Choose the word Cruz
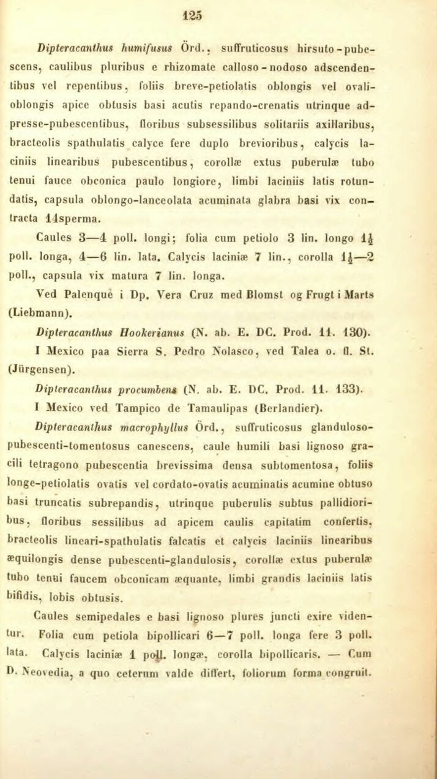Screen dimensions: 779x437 click(205, 293)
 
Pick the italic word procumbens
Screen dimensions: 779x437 click(147, 391)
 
